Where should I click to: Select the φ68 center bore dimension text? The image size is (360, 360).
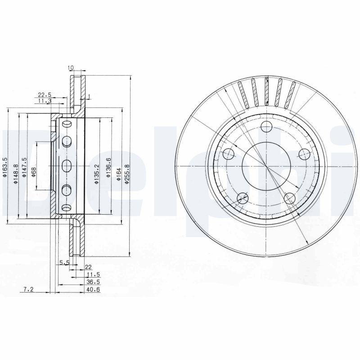[34, 172]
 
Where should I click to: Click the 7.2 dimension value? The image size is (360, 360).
[28, 291]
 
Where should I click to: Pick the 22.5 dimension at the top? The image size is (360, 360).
[44, 94]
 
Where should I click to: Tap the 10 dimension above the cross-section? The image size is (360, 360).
[71, 67]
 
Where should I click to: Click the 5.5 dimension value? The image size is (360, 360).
[63, 262]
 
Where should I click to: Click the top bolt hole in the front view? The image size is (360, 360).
[266, 126]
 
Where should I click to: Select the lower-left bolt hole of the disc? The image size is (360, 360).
[243, 197]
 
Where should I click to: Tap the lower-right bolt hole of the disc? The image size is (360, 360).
[289, 197]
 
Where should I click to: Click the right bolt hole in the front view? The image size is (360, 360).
[304, 153]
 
